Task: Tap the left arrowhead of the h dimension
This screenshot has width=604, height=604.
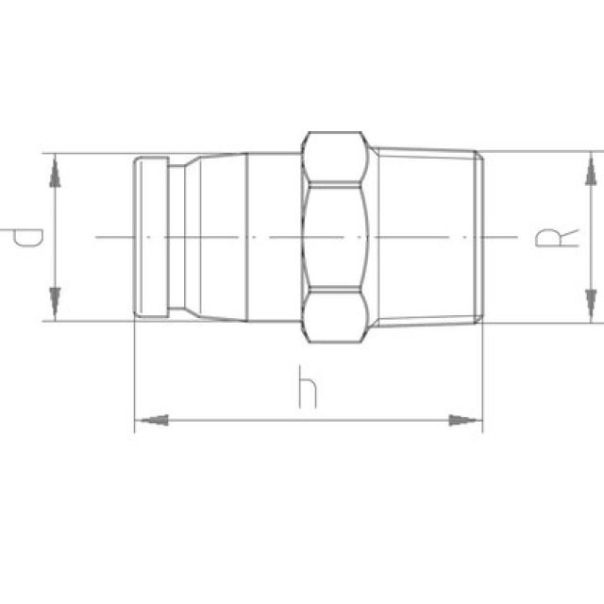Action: point(151,418)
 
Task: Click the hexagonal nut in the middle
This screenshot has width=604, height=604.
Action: point(335,236)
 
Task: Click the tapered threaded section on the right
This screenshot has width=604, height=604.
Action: point(429,236)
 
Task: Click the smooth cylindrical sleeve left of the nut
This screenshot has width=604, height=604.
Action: point(274,236)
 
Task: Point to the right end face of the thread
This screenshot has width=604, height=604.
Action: point(482,236)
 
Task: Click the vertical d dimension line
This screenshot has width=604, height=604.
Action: point(57,236)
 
